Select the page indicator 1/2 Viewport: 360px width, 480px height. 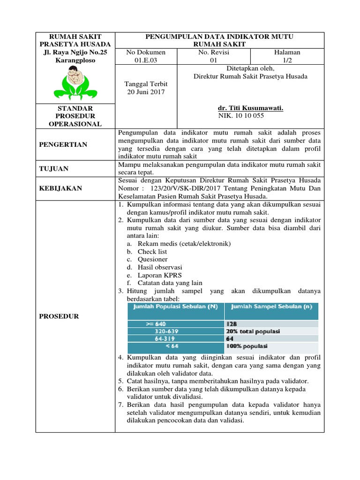tap(288, 60)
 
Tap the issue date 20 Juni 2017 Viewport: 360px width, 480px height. tap(145, 92)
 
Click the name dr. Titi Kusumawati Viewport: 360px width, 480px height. tap(251, 108)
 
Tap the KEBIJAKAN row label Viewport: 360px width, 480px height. tap(60, 188)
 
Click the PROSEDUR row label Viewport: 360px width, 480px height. tap(59, 316)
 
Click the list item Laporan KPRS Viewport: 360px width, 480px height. tap(159, 275)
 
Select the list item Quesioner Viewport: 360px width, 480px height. tap(152, 259)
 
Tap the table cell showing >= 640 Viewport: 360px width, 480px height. tap(156, 324)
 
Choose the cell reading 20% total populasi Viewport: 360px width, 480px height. tap(253, 331)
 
